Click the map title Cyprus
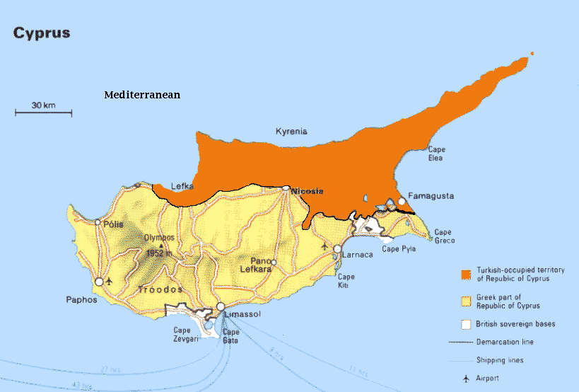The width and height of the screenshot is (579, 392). click(41, 33)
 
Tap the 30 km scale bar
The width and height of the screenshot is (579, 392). click(43, 111)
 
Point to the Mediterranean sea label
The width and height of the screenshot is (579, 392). click(142, 95)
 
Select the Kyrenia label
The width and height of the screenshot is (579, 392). click(291, 131)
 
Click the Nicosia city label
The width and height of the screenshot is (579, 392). click(308, 191)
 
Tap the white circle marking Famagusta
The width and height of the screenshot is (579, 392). click(402, 202)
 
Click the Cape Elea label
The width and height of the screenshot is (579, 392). click(437, 154)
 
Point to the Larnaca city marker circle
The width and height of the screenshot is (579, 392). click(338, 250)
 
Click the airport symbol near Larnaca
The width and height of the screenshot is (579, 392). click(324, 247)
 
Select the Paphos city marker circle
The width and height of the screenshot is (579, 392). click(100, 282)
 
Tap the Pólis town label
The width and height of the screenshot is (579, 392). click(113, 224)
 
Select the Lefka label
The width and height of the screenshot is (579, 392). click(182, 187)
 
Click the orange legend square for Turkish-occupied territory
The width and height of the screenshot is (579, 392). click(465, 275)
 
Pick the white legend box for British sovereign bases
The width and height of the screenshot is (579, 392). click(465, 324)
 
